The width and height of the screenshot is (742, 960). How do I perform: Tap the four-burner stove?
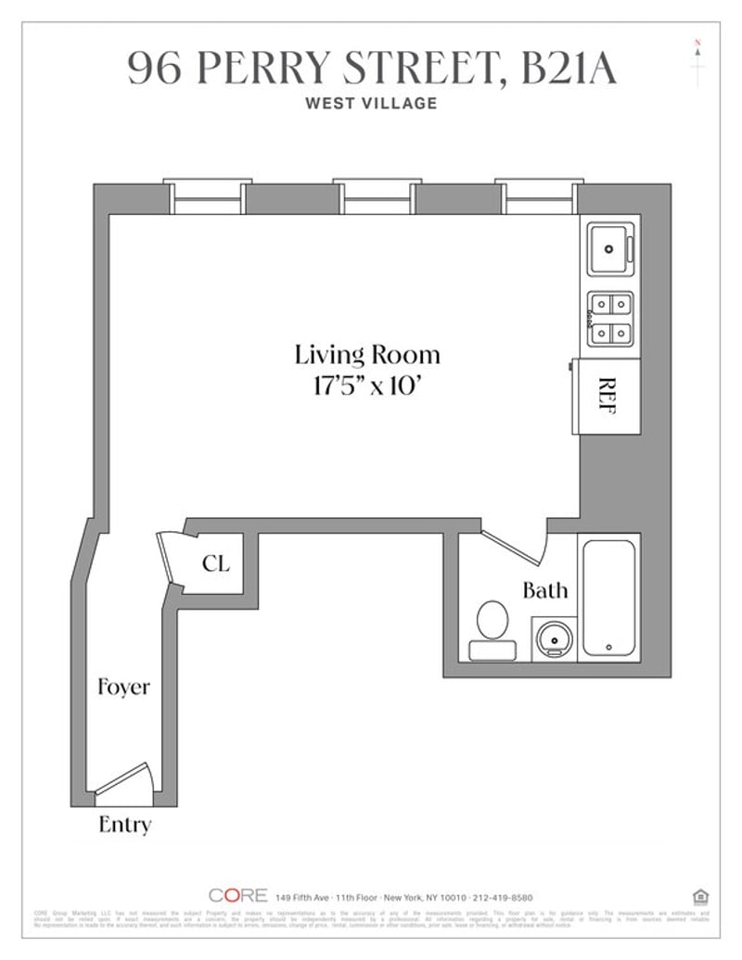[x=610, y=318]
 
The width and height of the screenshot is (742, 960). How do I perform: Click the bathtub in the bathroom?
[x=608, y=598]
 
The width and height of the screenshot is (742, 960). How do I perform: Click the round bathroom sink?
[x=555, y=639]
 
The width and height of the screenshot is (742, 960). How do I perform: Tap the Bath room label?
[x=544, y=590]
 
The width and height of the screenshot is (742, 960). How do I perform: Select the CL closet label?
[x=215, y=563]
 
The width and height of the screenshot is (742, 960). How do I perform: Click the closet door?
[x=168, y=560]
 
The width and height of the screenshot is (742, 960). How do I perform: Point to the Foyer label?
[x=123, y=688]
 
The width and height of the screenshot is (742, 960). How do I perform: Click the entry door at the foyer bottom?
[x=123, y=779]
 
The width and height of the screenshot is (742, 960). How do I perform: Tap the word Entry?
[x=124, y=824]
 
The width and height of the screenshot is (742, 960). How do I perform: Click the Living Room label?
[x=367, y=354]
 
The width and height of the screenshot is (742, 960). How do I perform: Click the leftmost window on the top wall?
[x=207, y=196]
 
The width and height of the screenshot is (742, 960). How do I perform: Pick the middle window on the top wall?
[x=377, y=196]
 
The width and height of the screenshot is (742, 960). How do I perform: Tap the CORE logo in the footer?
[x=237, y=895]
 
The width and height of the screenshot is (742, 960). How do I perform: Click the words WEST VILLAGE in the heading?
[x=371, y=103]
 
